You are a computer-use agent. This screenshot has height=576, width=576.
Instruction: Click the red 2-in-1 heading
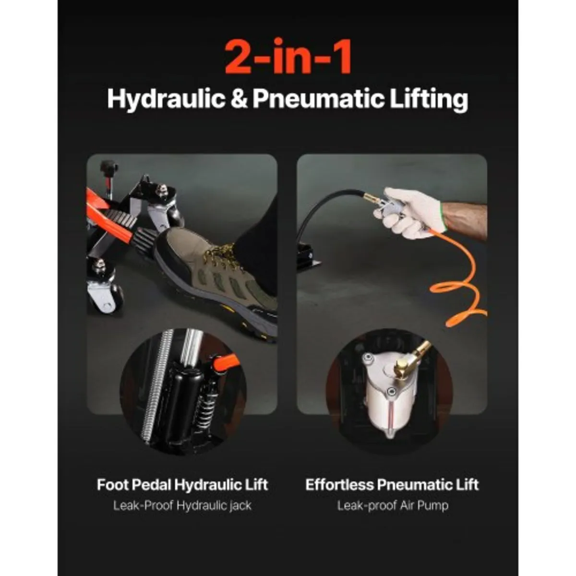(288, 57)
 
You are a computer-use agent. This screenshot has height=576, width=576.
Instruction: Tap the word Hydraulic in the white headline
(166, 99)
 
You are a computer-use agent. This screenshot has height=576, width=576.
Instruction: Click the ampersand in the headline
(239, 99)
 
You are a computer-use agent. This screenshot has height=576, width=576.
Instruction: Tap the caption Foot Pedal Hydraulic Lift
(182, 484)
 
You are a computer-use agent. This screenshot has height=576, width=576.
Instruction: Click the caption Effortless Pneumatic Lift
(392, 484)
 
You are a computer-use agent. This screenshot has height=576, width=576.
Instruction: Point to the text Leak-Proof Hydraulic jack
(182, 506)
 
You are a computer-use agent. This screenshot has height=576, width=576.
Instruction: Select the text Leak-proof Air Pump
(393, 506)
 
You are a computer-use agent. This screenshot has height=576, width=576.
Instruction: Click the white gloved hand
(409, 213)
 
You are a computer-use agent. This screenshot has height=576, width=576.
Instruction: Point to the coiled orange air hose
(457, 284)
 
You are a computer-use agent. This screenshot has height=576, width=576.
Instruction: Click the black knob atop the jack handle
(108, 166)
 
